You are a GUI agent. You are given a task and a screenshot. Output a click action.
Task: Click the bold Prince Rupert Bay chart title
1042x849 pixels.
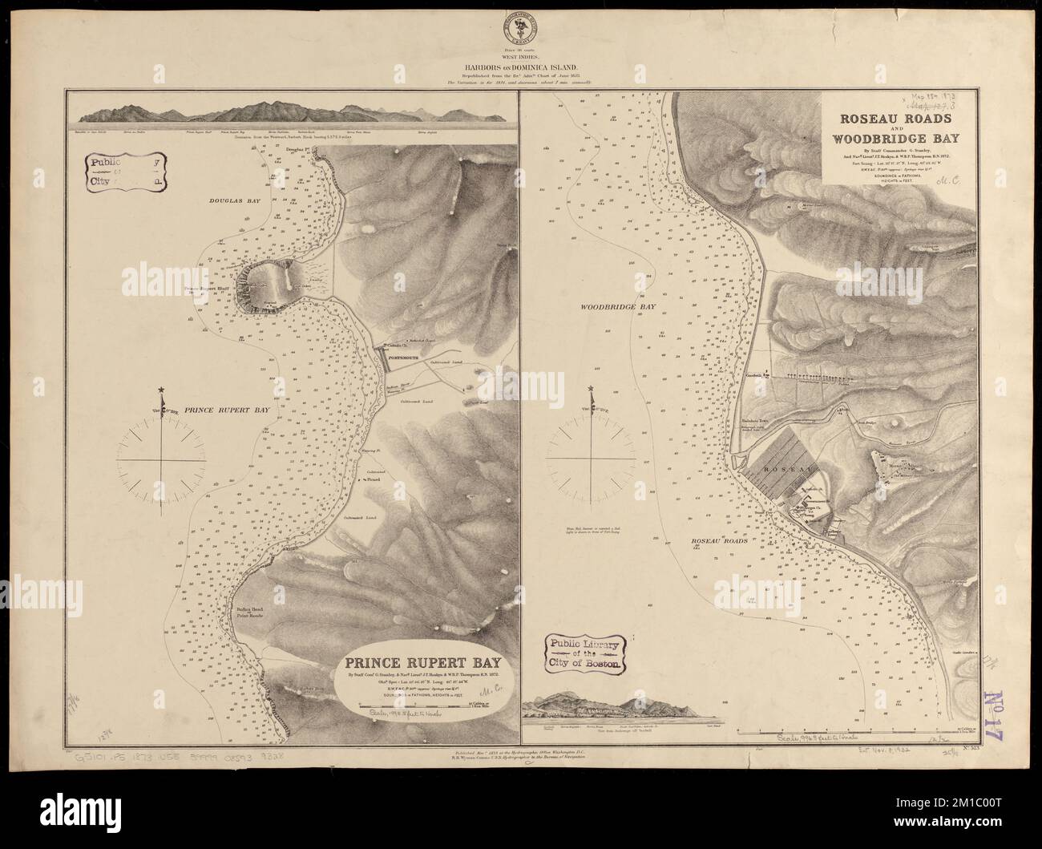pos(422,663)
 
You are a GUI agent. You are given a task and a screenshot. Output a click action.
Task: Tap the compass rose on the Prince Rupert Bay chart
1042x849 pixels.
pos(164,463)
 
